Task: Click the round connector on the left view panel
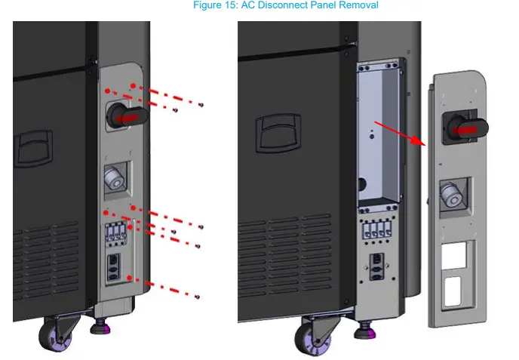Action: pyautogui.click(x=115, y=178)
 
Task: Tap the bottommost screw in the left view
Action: pyautogui.click(x=197, y=297)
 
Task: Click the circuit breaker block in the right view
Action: pyautogui.click(x=375, y=230)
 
